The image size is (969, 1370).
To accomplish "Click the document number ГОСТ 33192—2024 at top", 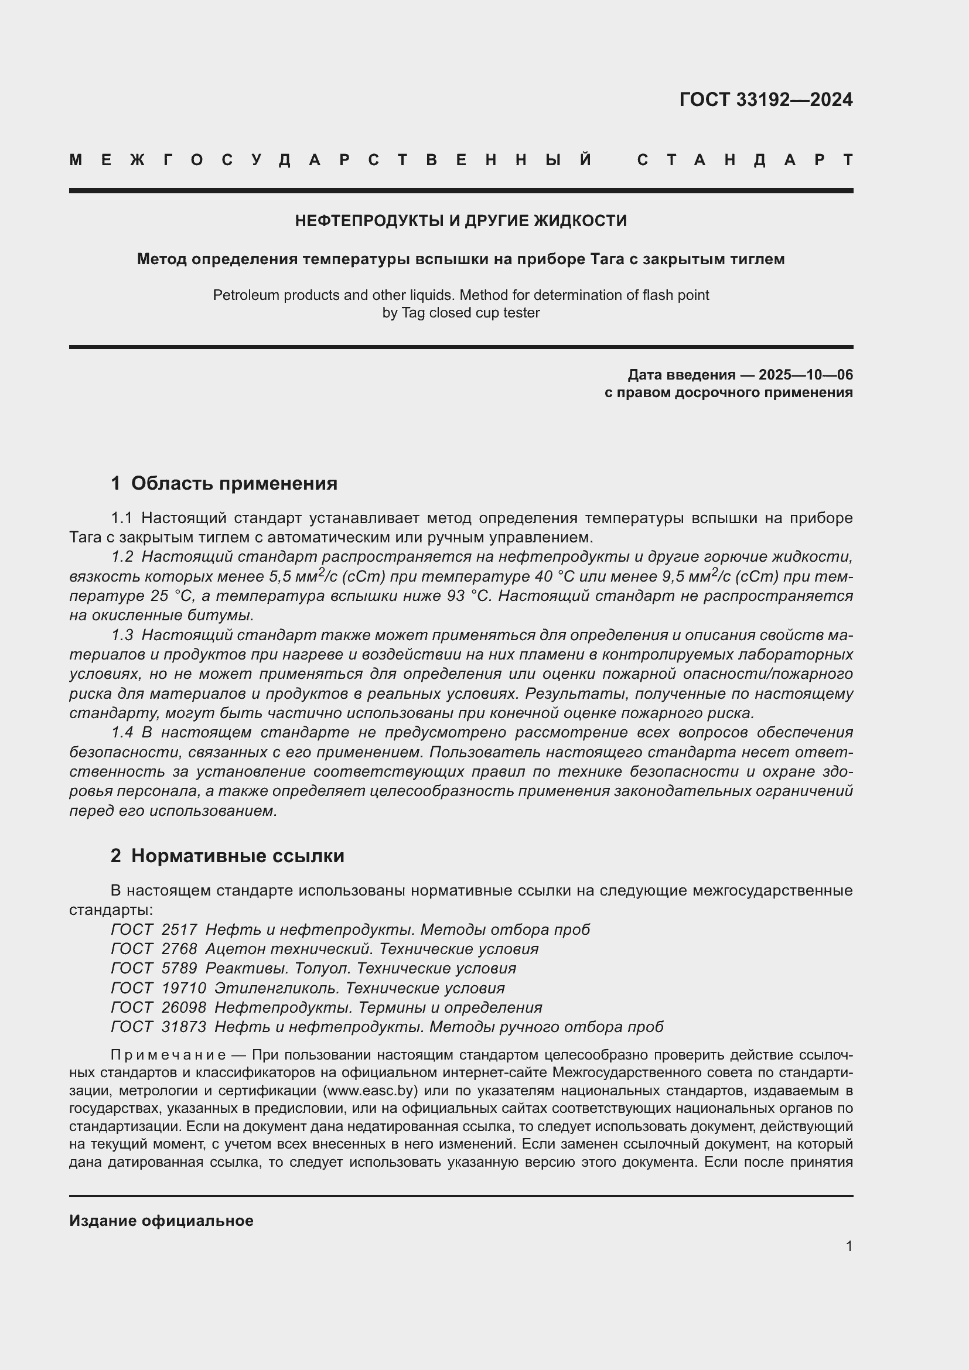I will (766, 100).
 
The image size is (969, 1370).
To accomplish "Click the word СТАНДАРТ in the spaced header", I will (745, 160).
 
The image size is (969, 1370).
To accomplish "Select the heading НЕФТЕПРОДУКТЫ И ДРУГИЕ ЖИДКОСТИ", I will (460, 221).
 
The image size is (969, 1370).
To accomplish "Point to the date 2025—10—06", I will (806, 375).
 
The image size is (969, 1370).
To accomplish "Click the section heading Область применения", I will (234, 483).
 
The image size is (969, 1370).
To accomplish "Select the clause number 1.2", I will (122, 556).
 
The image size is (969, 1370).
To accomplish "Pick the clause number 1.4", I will (122, 732).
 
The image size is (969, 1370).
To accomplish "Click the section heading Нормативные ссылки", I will (237, 856).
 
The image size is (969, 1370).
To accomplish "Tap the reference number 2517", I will (179, 930).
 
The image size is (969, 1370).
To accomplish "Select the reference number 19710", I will (184, 988).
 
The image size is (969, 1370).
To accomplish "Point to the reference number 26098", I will (184, 1007).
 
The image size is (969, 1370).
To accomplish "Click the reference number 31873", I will (184, 1026).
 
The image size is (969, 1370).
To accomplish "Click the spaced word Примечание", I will (168, 1055).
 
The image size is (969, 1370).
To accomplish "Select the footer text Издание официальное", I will (161, 1221).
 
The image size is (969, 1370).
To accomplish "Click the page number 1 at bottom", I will (848, 1246).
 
